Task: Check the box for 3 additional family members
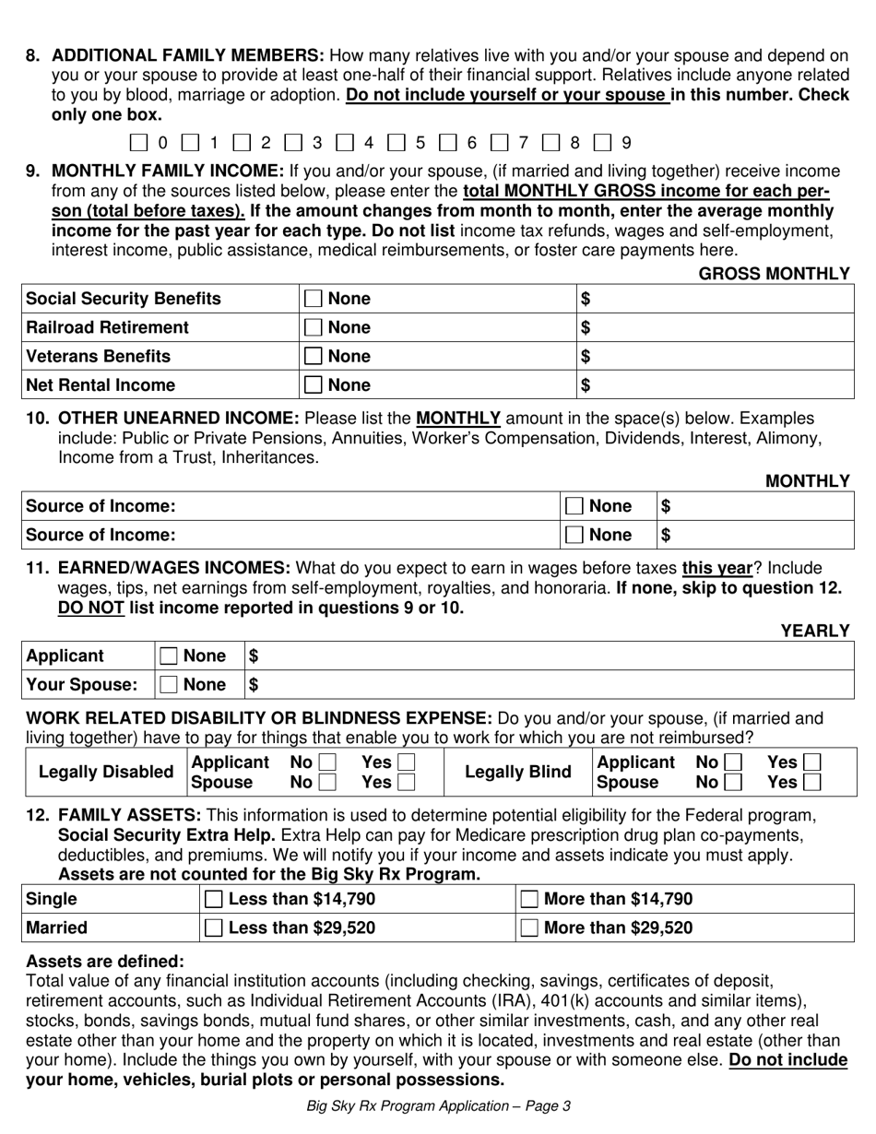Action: [293, 143]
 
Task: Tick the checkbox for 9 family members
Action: [602, 143]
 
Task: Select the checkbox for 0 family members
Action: [138, 143]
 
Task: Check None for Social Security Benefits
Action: [314, 299]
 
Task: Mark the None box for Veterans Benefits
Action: [314, 356]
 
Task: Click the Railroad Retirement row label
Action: [108, 327]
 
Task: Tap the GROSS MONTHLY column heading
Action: [774, 273]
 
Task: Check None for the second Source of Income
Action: [574, 535]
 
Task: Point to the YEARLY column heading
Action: [815, 631]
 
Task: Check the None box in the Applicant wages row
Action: [169, 656]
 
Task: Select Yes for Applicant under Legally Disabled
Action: [406, 762]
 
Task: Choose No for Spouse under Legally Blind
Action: [733, 782]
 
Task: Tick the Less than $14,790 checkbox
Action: [213, 900]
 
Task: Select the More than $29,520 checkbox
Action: [530, 928]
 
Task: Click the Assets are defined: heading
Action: [105, 961]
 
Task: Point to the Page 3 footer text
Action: [438, 1106]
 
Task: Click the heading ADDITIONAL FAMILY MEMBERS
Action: [188, 55]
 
